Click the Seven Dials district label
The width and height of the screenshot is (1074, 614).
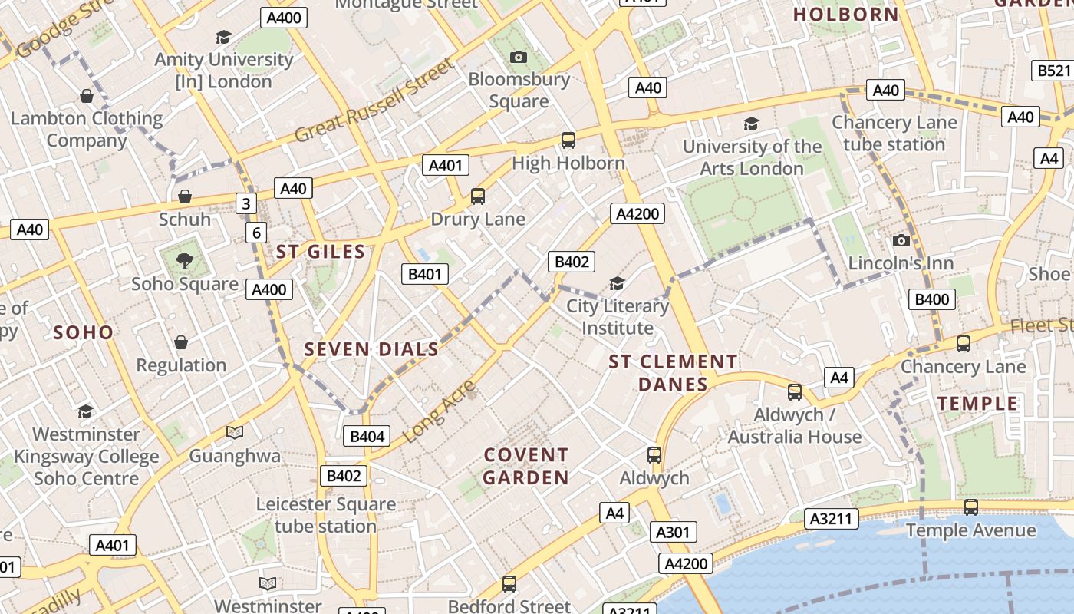371,349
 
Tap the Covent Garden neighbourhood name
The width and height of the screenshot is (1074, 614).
526,467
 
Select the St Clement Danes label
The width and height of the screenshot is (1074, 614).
673,372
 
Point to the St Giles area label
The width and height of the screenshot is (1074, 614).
321,252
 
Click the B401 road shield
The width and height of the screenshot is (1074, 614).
425,274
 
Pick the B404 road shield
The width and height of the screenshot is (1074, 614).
367,437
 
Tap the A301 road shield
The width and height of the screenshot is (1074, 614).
674,532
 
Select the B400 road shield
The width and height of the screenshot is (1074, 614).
932,299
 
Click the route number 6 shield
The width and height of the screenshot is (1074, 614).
256,233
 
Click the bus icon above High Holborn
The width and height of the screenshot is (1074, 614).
568,140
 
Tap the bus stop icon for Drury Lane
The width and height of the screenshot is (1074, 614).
478,196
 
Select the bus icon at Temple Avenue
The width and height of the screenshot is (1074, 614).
970,507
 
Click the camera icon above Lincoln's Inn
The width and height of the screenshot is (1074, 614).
901,241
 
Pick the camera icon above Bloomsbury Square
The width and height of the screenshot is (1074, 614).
519,57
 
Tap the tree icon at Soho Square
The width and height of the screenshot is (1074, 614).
184,261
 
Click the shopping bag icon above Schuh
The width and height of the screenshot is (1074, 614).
184,197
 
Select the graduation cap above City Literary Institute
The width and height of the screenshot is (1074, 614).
617,284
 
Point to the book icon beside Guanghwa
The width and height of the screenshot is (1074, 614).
234,433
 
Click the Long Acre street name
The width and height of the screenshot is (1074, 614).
439,411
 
